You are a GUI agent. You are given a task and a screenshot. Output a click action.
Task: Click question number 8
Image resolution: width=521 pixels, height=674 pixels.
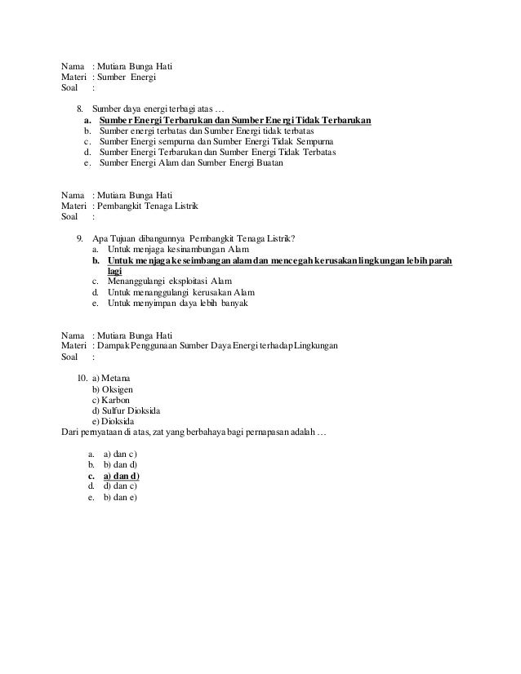(79, 109)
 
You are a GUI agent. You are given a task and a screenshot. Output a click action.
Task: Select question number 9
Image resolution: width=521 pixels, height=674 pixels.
(79, 238)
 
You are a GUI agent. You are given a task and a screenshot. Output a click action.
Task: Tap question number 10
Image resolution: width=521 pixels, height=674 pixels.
(81, 379)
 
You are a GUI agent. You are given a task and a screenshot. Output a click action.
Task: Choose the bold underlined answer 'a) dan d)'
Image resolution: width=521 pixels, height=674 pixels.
(121, 475)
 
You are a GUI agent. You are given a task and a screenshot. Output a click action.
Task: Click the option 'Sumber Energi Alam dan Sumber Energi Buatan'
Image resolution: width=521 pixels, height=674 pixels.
(190, 162)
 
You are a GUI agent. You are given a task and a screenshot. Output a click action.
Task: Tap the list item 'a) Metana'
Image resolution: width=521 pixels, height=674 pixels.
(111, 379)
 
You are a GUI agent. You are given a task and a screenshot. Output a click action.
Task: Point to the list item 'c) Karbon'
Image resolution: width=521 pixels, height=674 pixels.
(111, 400)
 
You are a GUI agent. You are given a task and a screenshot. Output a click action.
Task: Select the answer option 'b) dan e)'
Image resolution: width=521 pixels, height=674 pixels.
(120, 496)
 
